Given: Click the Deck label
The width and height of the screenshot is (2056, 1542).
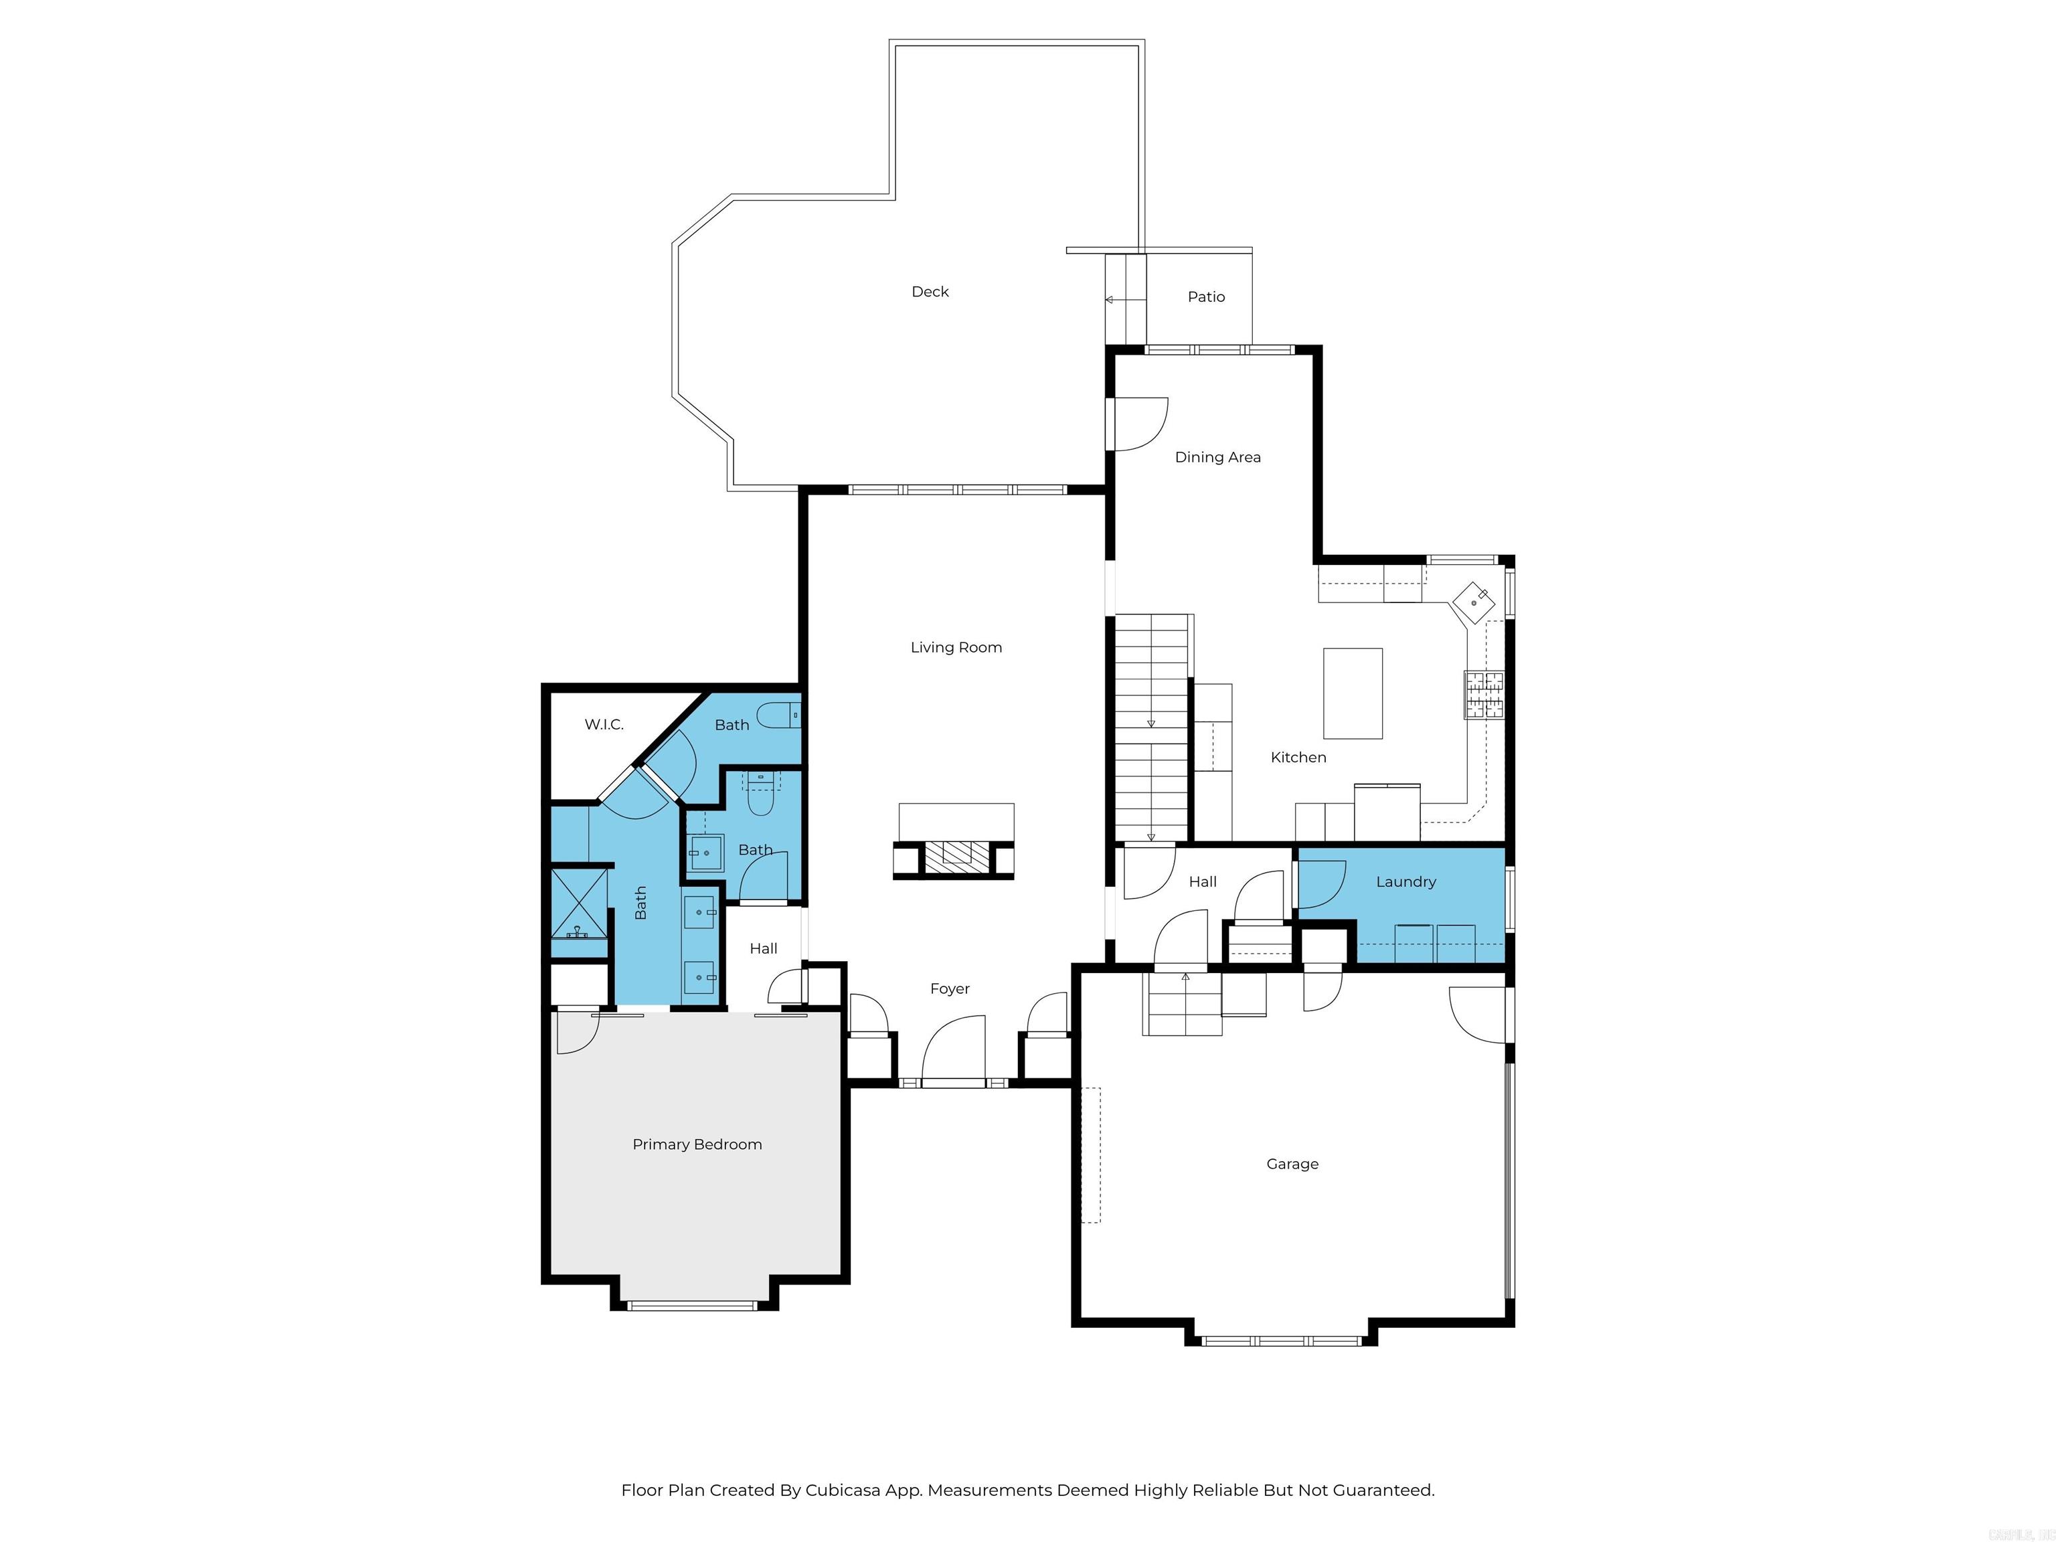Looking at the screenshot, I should click(930, 292).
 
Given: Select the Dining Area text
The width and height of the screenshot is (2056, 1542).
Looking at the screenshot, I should click(1217, 457).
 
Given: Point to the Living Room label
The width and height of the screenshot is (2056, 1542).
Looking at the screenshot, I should click(956, 648).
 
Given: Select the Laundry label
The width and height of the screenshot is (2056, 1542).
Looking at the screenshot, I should click(1405, 882).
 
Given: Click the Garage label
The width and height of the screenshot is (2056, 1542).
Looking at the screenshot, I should click(1292, 1164).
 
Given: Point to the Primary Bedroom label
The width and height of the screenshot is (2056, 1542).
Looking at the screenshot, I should click(697, 1144).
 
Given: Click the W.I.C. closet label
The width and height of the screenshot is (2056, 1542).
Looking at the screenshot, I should click(603, 725).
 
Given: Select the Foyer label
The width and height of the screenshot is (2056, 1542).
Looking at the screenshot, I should click(949, 989).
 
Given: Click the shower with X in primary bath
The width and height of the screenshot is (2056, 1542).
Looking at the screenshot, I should click(578, 903).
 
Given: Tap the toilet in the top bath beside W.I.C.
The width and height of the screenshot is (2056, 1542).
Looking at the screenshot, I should click(777, 715).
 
